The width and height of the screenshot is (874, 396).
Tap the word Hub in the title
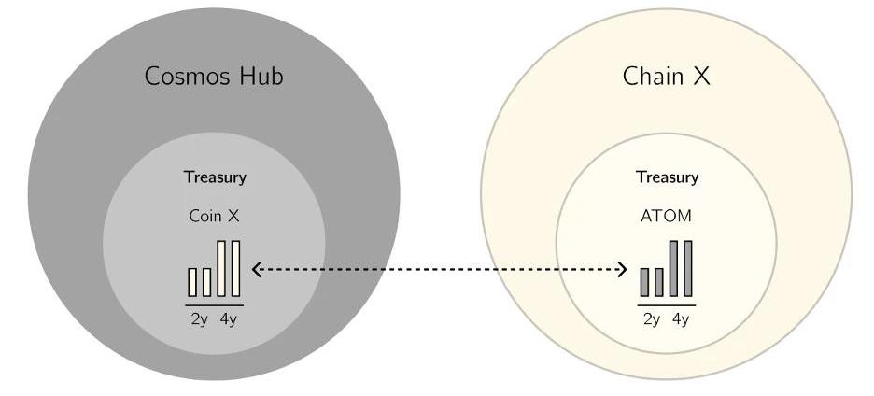click(257, 76)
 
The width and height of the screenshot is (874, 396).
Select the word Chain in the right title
click(654, 76)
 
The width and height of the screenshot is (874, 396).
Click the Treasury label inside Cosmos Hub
click(215, 177)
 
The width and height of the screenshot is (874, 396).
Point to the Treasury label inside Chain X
click(667, 177)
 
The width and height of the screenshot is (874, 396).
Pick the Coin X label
click(215, 216)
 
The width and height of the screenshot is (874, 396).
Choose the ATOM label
click(667, 216)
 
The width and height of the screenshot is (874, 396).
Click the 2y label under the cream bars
click(199, 319)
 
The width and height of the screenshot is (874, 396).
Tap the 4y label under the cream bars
click(229, 319)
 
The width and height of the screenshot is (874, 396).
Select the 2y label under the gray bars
click(652, 319)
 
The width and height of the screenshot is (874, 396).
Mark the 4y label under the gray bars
click(681, 319)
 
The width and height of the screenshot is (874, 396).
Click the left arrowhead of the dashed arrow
click(256, 269)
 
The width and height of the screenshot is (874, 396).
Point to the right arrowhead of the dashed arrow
click(624, 269)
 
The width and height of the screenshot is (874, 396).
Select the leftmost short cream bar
click(193, 282)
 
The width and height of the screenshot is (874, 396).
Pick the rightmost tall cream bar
click(235, 268)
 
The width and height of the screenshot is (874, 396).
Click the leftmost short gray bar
click(644, 282)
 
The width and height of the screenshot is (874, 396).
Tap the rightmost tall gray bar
click(688, 268)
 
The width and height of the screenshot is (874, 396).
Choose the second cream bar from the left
click(207, 282)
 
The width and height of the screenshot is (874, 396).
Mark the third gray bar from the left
click(673, 268)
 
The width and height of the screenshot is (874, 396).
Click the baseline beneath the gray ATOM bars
click(667, 304)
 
